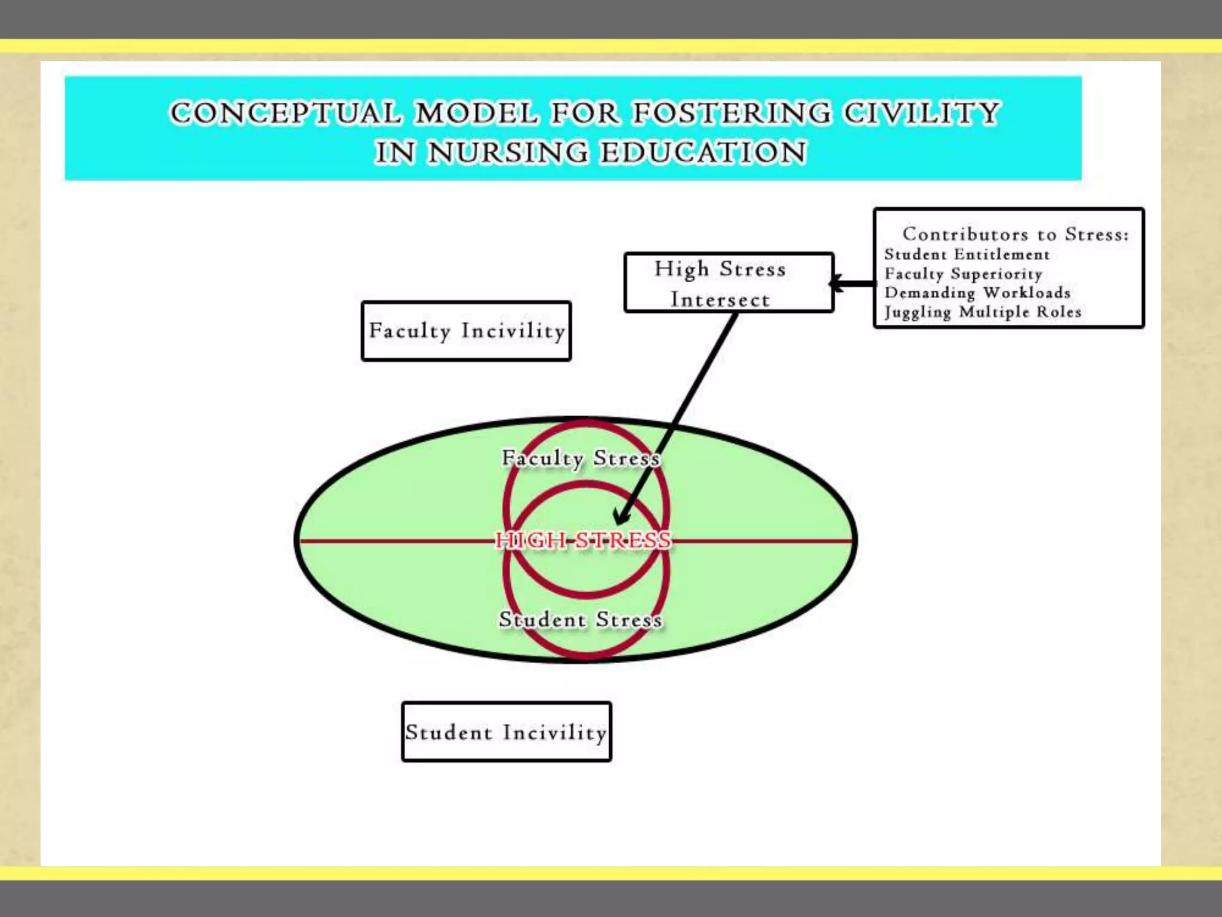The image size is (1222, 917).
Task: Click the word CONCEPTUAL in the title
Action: click(285, 113)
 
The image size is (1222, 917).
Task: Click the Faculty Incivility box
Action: click(466, 331)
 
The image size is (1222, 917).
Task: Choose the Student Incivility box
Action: click(506, 732)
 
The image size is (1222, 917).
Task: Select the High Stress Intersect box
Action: click(728, 283)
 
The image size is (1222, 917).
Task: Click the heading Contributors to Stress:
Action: click(1015, 234)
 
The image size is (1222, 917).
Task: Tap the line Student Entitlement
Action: click(967, 254)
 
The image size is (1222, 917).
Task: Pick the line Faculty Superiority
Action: click(963, 274)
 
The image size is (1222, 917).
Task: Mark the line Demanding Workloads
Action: click(977, 293)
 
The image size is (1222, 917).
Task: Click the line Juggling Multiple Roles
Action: click(983, 312)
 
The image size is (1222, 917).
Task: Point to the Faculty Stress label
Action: click(581, 458)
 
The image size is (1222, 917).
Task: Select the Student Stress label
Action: click(581, 620)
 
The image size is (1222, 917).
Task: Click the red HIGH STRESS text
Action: click(583, 540)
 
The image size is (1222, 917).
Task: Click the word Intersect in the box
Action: click(720, 299)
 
